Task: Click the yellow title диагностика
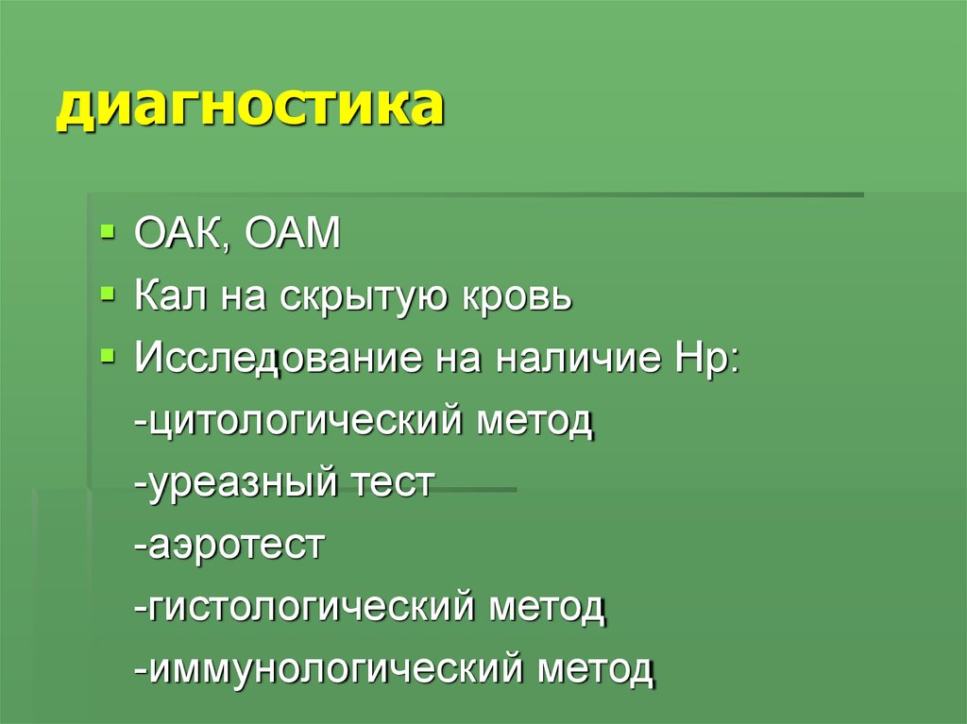[249, 107]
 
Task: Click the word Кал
[171, 297]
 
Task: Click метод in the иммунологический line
[596, 669]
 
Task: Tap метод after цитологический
[538, 421]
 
